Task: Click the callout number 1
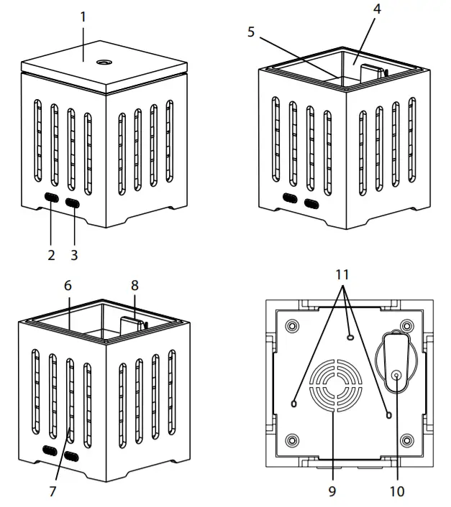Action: point(83,15)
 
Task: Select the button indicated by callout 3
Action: point(73,203)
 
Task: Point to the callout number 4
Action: point(378,9)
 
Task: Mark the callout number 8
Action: point(134,285)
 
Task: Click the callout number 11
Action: point(342,274)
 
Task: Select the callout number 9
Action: point(332,492)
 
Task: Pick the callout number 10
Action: point(396,492)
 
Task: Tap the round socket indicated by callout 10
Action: point(396,374)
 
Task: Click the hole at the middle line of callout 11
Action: point(350,337)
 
